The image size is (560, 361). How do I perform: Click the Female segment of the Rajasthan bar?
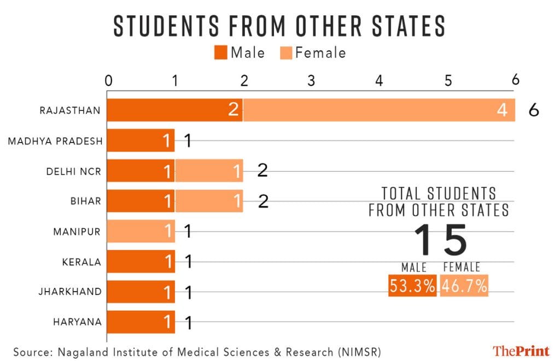[379, 110]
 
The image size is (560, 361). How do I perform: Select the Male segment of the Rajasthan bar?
[174, 110]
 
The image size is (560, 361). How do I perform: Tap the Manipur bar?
[141, 231]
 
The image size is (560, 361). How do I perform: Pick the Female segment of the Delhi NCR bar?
[209, 171]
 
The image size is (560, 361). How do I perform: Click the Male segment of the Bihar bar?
[141, 201]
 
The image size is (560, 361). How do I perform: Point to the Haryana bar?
[141, 322]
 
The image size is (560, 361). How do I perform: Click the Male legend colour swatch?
[221, 53]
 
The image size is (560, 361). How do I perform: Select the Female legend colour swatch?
[286, 53]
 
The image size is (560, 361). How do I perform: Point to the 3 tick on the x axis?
[311, 81]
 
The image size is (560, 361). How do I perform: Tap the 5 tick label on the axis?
[447, 81]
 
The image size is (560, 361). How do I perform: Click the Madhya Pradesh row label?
[55, 141]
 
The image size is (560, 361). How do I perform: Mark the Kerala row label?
[81, 262]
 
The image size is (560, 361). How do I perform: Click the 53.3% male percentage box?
[412, 286]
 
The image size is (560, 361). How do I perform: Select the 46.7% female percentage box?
[464, 286]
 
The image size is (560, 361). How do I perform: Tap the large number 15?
[440, 239]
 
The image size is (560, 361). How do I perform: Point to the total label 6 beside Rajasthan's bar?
[534, 110]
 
